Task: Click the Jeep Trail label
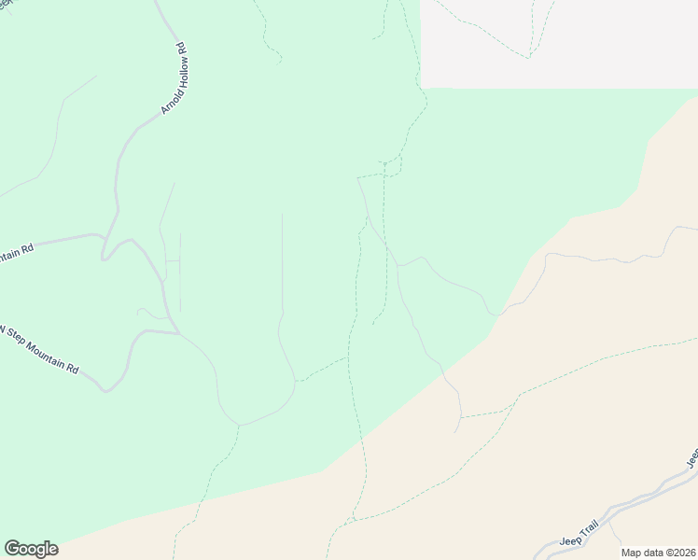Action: pos(579,535)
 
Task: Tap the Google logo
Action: pos(31,549)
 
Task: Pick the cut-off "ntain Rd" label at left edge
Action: pos(17,252)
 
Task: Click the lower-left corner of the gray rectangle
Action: pos(422,88)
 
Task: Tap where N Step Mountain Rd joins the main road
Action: pos(177,331)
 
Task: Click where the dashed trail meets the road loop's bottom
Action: pos(238,426)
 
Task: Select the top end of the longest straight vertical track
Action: pos(282,215)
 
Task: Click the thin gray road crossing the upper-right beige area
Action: pos(607,259)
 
